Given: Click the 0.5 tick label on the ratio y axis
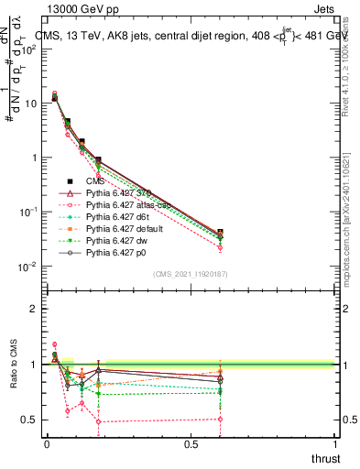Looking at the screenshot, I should (x=28, y=420).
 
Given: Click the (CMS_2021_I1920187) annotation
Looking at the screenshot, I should (x=190, y=274).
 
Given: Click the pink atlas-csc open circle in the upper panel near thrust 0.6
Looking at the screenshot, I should (x=219, y=247).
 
